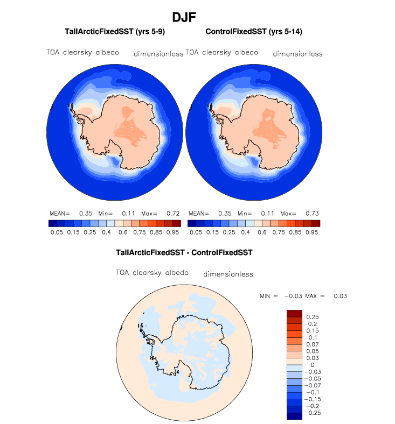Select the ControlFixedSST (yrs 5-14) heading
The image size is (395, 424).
pos(253,32)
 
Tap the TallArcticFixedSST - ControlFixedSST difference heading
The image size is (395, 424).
pos(184,252)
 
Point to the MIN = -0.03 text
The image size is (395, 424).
pos(280,296)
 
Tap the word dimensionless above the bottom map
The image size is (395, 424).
pos(228,274)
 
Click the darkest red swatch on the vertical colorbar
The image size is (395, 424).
pos(295,314)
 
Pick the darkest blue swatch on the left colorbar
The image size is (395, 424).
pos(53,223)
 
